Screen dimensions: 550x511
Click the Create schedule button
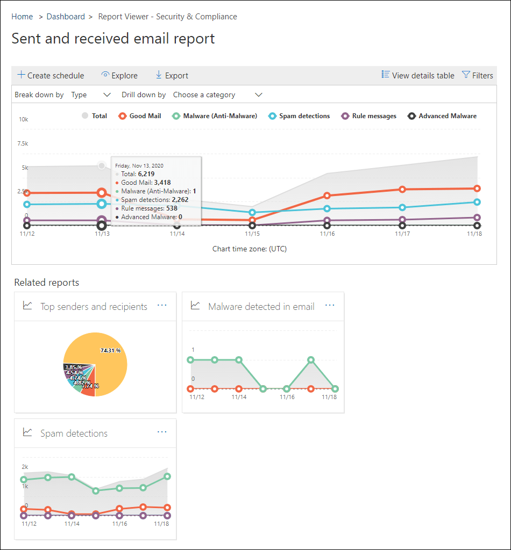(x=51, y=75)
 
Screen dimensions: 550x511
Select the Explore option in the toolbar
(x=119, y=75)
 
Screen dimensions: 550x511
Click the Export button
(x=172, y=75)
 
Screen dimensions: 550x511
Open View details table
(x=418, y=75)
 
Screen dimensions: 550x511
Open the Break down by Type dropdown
(x=90, y=95)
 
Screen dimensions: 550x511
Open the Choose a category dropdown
(x=217, y=95)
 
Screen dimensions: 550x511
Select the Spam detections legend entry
(x=299, y=115)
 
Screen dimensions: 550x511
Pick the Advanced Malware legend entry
(x=442, y=115)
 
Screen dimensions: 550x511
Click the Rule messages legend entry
(x=369, y=115)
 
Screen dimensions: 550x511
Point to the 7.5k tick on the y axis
(x=23, y=143)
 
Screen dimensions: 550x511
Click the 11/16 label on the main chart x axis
(x=327, y=234)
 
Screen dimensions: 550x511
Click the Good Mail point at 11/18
(x=477, y=189)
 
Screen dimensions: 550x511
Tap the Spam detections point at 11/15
(x=252, y=213)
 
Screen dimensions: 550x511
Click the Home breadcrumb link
(x=22, y=17)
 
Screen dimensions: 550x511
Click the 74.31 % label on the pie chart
(x=110, y=350)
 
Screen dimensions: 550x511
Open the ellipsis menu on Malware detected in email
(x=330, y=305)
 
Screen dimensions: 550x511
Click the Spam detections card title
(x=74, y=433)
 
